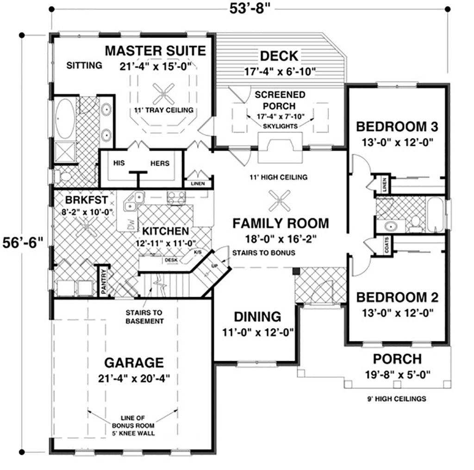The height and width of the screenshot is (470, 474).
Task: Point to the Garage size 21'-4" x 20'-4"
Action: coord(134,378)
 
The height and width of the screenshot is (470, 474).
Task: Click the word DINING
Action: coord(257,317)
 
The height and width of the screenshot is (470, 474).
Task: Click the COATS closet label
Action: coord(386,244)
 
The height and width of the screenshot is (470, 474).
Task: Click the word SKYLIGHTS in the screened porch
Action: coord(280,126)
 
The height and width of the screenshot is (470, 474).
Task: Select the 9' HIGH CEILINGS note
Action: coord(396,399)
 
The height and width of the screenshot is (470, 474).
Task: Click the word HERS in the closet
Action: coord(159,163)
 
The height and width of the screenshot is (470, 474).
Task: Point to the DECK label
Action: coord(279,56)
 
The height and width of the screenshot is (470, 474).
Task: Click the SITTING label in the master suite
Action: coord(84,65)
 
